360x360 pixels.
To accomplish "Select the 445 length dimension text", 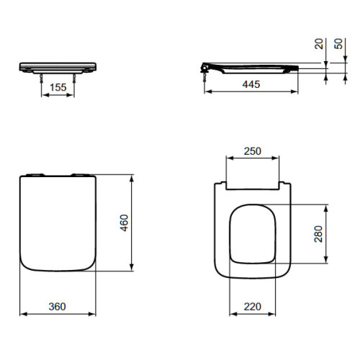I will coord(250,84).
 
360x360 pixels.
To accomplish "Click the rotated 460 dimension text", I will coord(124,224).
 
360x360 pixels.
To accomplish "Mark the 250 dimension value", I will coord(251,152).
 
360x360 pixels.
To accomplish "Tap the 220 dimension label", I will coord(251,306).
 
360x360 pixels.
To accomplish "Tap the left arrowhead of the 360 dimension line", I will coord(22,314).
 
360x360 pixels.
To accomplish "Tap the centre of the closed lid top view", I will coord(58,224).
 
